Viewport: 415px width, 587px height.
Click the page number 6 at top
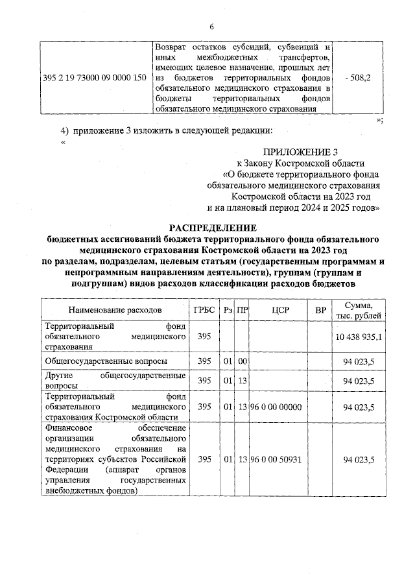pyautogui.click(x=211, y=26)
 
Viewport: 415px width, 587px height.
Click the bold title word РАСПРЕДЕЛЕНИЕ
pyautogui.click(x=213, y=228)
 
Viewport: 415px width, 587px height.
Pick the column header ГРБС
pyautogui.click(x=205, y=310)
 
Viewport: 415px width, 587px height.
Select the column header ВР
pyautogui.click(x=320, y=310)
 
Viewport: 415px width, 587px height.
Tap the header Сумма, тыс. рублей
pyautogui.click(x=359, y=310)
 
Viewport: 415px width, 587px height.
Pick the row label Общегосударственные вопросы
pyautogui.click(x=106, y=360)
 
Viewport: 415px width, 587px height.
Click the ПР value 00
pyautogui.click(x=243, y=360)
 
